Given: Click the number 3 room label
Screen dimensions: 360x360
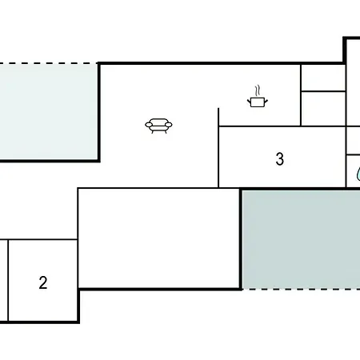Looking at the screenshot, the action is tap(280, 159).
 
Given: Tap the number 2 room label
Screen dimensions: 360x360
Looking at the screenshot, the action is tap(43, 282).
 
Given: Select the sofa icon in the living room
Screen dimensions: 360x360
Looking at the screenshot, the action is tap(158, 126).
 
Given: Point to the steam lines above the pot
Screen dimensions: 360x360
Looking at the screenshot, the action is tap(258, 90).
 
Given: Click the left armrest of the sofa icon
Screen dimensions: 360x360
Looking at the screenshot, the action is tap(149, 125).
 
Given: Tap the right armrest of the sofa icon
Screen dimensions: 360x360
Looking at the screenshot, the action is tap(169, 125).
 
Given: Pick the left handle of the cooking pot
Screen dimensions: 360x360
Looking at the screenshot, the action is tap(249, 102).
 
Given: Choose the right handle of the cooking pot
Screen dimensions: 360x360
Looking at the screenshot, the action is tap(266, 102).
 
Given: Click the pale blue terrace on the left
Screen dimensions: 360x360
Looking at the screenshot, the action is tap(49, 112).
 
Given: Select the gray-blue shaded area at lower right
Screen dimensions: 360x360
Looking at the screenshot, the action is tap(302, 239).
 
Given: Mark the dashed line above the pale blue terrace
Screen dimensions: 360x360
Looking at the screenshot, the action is tap(49, 63).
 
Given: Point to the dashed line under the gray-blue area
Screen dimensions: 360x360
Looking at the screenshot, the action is tap(302, 289).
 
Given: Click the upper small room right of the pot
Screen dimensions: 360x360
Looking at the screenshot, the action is tap(323, 78).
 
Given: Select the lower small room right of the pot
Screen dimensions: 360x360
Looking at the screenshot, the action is tap(323, 109).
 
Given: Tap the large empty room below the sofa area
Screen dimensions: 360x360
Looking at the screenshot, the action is tap(159, 238).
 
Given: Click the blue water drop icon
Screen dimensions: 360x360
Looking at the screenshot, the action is tap(358, 174).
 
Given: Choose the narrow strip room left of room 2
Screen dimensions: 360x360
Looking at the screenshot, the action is tap(4, 281).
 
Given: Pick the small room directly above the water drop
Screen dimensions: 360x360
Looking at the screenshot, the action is tap(354, 141).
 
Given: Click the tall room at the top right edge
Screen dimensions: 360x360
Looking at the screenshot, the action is tap(354, 82).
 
